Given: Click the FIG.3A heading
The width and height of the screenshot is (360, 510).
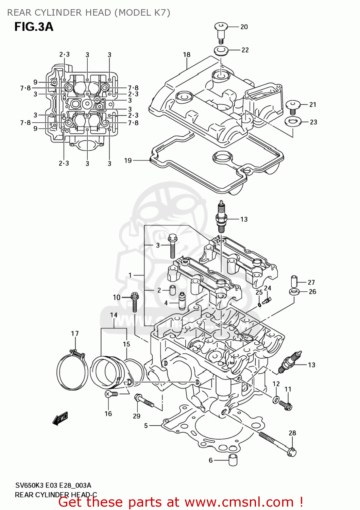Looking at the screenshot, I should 34,27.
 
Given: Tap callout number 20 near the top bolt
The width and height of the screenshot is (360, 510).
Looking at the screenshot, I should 244,27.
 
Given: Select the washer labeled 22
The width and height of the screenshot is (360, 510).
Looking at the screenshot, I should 221,51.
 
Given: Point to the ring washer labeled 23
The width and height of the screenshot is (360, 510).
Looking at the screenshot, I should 292,121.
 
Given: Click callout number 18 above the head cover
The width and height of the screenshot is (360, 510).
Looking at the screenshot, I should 187,55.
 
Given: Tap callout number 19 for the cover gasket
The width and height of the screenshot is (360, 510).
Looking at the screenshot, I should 128,160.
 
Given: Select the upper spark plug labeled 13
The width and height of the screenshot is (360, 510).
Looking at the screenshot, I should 221,218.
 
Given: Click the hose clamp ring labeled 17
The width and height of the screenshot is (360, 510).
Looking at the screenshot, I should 72,371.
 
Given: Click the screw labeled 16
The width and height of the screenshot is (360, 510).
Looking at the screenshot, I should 112,394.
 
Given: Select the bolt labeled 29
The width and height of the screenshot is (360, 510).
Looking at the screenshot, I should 144,401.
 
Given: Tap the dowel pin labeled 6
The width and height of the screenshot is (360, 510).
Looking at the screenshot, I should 233,460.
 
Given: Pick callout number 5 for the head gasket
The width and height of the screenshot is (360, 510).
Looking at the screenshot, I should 146,426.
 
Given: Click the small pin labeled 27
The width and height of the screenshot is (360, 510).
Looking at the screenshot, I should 294,282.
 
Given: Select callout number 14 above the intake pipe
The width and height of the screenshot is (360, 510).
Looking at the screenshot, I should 114,315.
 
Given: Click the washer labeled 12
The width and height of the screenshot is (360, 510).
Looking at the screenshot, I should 276,399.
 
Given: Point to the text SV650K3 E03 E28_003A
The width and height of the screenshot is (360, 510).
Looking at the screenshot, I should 53,486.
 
